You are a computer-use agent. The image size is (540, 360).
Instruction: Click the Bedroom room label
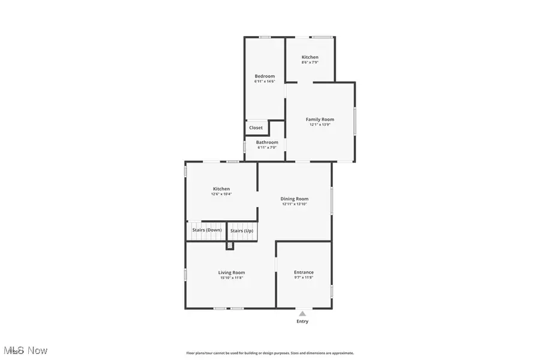point(265,76)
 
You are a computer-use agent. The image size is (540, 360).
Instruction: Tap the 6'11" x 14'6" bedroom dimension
point(265,82)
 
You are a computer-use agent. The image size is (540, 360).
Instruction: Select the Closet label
point(256,128)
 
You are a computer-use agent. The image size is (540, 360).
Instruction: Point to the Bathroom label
point(267,142)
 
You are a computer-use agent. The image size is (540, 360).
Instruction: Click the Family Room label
point(320,119)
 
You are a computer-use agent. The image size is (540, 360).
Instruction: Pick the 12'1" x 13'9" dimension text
point(320,125)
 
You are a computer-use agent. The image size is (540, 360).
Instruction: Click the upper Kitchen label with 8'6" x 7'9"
point(310,57)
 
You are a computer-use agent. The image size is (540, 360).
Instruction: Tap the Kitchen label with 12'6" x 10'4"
point(221,189)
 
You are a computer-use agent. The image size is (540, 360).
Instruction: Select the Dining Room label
point(295,199)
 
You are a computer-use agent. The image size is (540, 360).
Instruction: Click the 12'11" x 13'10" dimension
point(295,204)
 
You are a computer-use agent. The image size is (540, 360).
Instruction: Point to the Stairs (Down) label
point(206,230)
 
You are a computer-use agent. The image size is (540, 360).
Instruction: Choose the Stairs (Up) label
point(242,231)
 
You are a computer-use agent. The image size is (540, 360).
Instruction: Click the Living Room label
point(231,272)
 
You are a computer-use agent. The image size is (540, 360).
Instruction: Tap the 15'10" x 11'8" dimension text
point(231,278)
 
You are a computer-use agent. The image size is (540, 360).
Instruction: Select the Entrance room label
point(304,272)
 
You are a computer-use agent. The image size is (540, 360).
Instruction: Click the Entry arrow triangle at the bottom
point(302,313)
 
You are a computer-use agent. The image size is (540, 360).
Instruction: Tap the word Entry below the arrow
point(302,322)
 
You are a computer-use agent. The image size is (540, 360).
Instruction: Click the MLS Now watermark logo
point(25,350)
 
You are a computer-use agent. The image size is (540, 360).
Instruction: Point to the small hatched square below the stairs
point(230,245)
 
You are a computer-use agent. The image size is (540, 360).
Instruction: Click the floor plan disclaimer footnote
point(270,353)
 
